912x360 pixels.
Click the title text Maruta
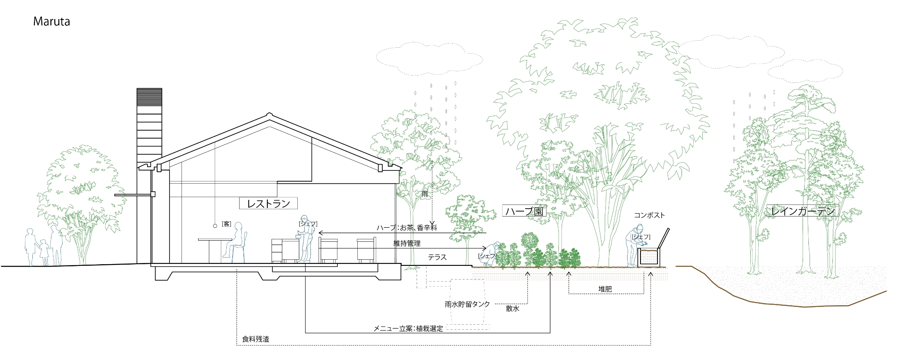51,22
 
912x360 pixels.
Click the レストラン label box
268,203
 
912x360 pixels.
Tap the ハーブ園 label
524,211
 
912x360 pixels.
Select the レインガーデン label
803,211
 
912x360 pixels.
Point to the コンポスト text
649,215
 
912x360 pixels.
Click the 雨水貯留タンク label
467,304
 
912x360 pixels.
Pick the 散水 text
512,309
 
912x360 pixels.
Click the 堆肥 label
605,289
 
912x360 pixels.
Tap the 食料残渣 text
255,339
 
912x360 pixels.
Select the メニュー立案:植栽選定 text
408,328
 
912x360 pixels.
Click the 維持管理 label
407,243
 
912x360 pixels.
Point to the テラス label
437,258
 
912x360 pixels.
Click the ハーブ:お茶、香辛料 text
407,228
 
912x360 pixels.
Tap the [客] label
226,224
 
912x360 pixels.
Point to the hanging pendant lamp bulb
215,226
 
